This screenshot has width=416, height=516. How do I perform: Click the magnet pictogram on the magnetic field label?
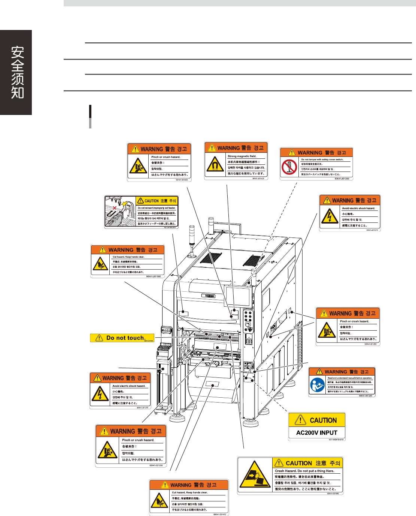215,165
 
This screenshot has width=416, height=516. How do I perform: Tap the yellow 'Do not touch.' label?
122,338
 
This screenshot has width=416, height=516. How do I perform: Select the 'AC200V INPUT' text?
316,432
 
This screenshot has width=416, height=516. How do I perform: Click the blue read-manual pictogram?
317,385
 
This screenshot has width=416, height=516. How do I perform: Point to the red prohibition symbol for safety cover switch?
289,167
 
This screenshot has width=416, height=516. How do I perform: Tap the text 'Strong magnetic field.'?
242,156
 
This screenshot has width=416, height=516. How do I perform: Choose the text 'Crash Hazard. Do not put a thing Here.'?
304,471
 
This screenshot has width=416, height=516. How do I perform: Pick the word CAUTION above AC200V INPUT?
323,420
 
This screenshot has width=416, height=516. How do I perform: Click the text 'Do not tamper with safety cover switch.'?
322,160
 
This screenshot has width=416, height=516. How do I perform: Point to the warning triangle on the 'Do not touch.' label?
99,338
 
